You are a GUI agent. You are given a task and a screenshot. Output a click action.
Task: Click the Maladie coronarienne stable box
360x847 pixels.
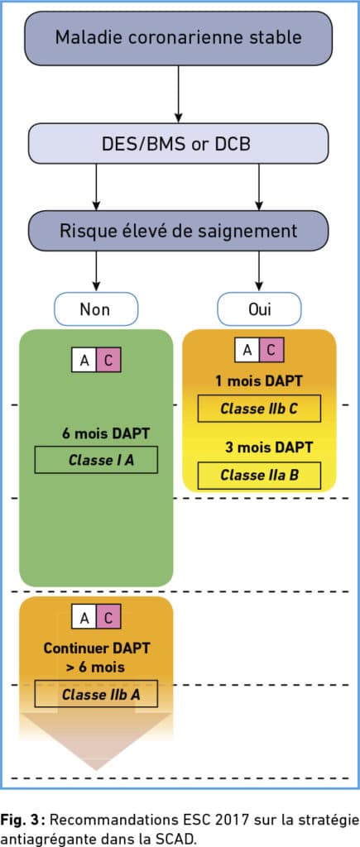pos(179,38)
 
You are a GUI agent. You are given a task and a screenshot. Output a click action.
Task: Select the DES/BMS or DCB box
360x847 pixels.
pos(179,143)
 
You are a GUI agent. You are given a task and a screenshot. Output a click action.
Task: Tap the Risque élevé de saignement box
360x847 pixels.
pos(179,231)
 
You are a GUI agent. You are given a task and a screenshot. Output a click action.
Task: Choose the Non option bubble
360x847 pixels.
pos(96,309)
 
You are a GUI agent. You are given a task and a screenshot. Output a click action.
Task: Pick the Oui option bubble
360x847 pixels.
pos(260,309)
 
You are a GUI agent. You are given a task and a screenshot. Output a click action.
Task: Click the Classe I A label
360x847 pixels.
pos(96,460)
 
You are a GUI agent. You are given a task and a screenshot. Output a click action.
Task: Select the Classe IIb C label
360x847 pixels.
pos(259,409)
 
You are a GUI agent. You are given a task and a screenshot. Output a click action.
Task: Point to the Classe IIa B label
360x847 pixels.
pos(259,476)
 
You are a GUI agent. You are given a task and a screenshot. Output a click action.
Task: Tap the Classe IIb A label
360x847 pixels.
pos(96,694)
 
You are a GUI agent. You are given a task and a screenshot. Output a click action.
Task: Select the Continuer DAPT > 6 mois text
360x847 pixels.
pos(97,657)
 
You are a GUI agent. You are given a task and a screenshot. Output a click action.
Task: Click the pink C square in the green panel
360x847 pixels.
pos(108,360)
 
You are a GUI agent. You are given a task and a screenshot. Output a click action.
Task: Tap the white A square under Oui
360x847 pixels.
pos(247,350)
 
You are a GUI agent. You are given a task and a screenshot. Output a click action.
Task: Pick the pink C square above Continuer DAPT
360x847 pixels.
pos(108,616)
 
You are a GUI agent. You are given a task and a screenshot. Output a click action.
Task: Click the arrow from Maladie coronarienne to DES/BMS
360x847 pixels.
pos(179,94)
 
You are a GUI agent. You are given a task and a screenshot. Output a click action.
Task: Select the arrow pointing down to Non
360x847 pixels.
pos(96,271)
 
